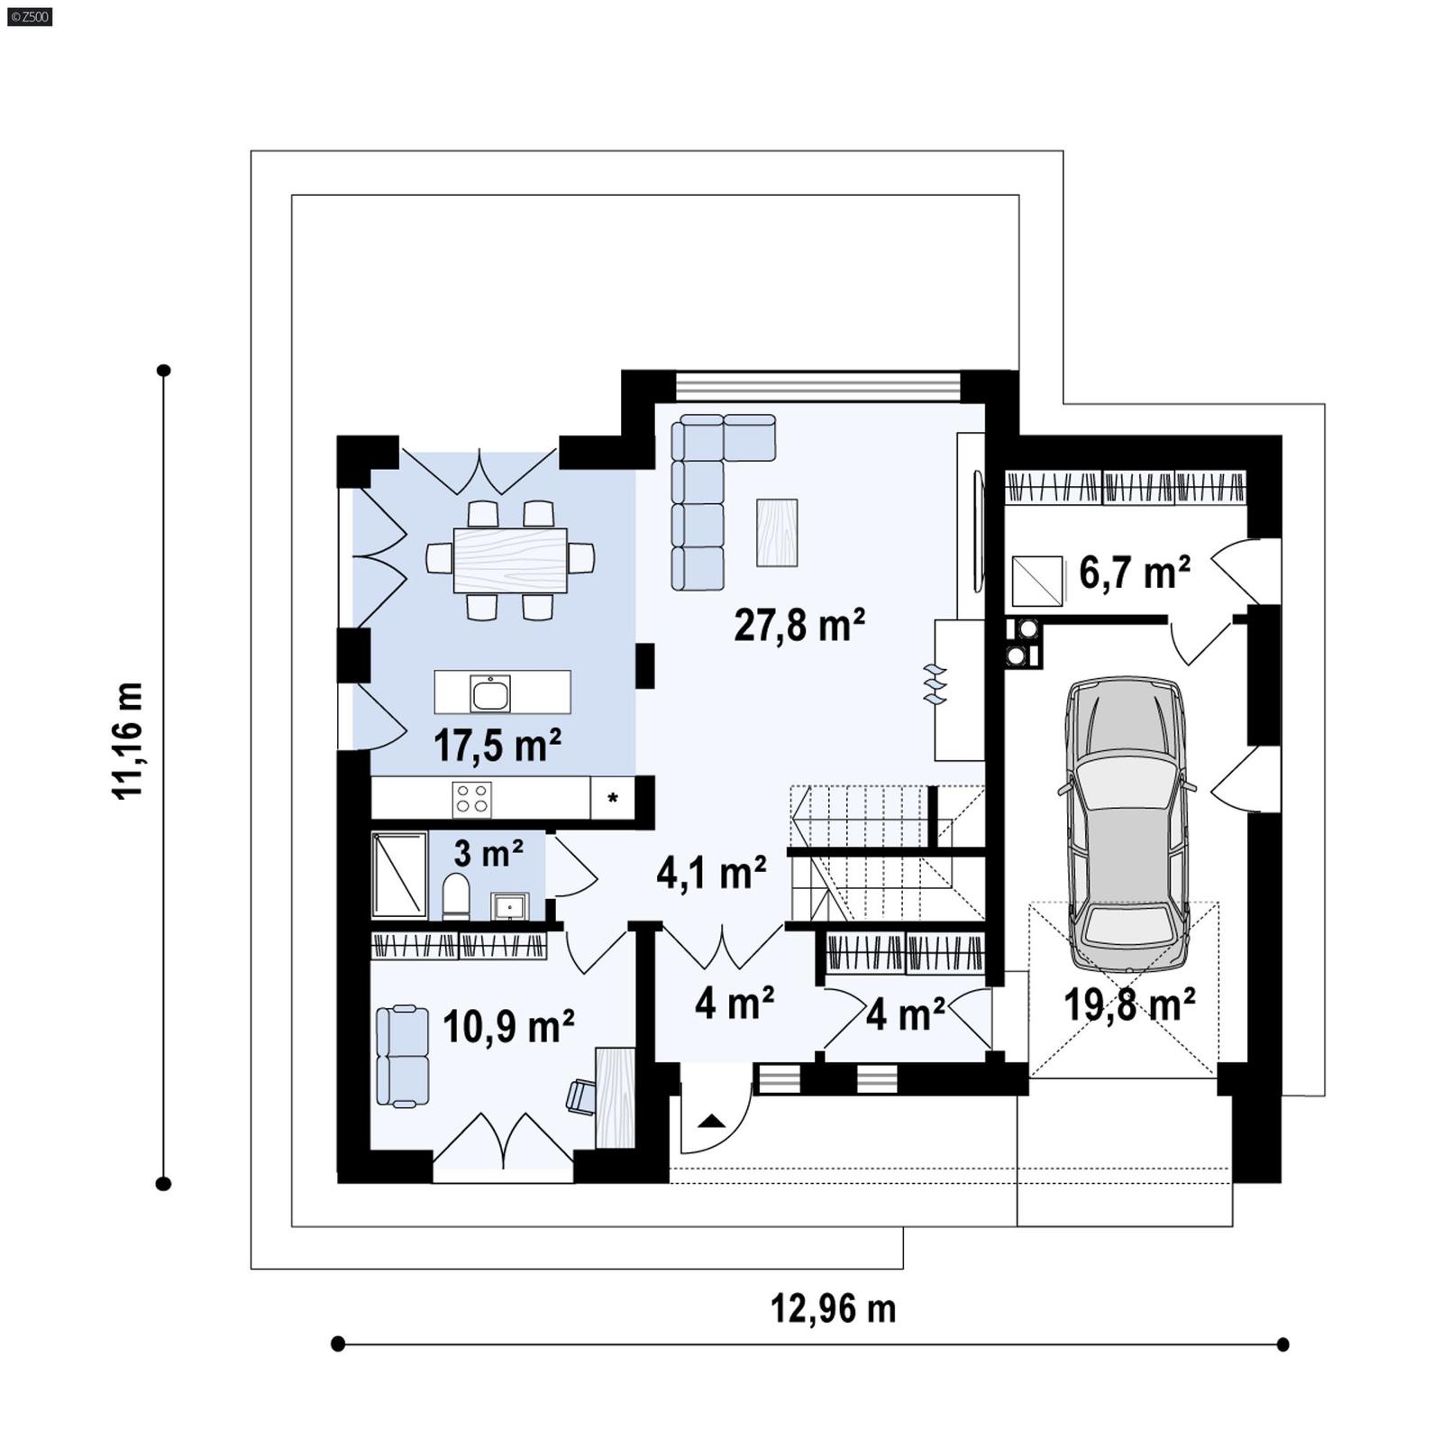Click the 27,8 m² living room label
pos(799,624)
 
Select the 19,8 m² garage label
pos(1129,1004)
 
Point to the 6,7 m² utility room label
pos(1134,573)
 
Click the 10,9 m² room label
pos(508,1026)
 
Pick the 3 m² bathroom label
pos(488,852)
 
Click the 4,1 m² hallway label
pos(711,873)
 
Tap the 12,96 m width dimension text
pos(833,1308)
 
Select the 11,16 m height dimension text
pos(128,740)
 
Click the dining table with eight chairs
pos(510,560)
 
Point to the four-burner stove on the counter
pos(471,798)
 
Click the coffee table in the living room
pos(776,532)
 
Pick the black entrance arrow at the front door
pos(711,1121)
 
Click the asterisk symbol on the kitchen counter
pos(613,798)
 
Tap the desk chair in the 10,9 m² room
pos(580,1096)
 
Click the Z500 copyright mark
pos(29,15)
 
